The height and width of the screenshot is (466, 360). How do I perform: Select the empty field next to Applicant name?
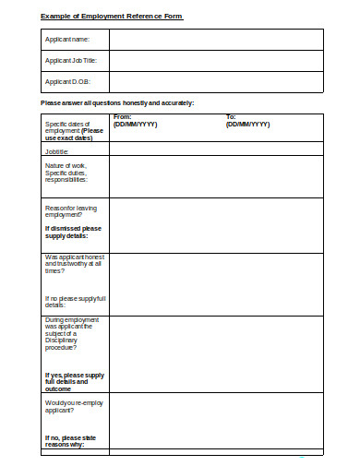coord(215,40)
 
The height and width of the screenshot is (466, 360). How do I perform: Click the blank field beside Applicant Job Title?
coord(215,61)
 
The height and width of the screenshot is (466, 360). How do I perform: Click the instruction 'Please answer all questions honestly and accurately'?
coord(117,102)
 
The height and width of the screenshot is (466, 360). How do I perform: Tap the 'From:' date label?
coord(122,117)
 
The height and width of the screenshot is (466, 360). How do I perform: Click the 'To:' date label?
coord(231,117)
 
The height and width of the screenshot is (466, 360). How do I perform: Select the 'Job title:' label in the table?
coord(56,150)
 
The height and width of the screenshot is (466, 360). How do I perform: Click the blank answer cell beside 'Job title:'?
coord(215,150)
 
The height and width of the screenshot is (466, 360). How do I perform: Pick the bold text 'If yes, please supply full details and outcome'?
coord(74,380)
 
